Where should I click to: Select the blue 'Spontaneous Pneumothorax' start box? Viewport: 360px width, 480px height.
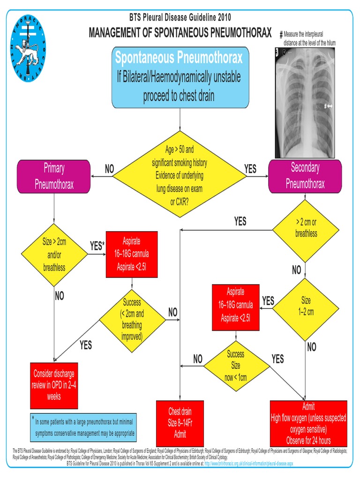click(180, 77)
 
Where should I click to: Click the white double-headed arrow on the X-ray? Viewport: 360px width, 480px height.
click(330, 107)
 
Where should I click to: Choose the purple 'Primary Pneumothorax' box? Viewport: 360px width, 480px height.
click(54, 176)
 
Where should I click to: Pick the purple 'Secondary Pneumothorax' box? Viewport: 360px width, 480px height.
click(305, 176)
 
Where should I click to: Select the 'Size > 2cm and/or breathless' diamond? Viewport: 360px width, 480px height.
click(54, 255)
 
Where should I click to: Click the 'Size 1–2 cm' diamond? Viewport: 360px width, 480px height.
click(306, 306)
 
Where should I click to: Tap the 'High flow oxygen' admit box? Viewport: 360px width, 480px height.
click(308, 423)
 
